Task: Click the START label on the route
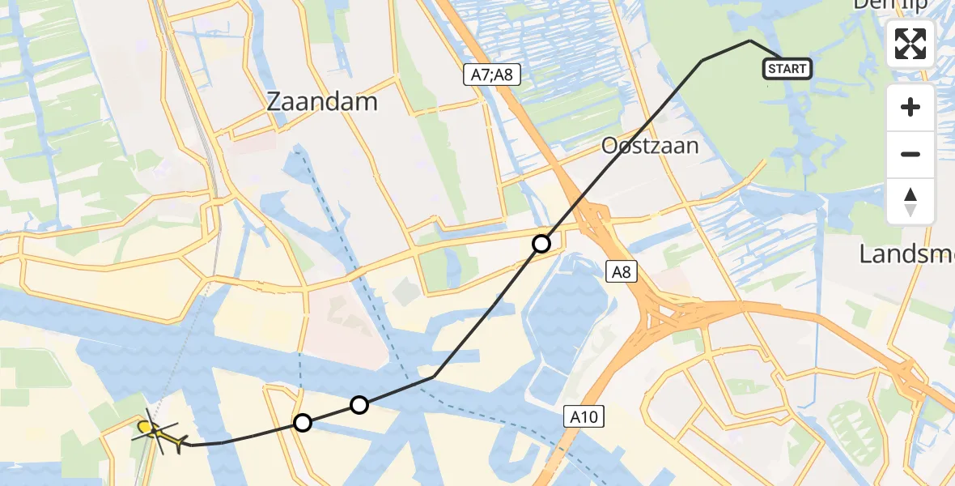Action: coord(787,69)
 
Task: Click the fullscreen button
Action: coord(910,44)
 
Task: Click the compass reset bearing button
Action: coord(910,202)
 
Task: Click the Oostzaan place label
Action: coord(650,146)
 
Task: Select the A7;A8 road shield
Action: coord(491,75)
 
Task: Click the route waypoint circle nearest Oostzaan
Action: coord(541,243)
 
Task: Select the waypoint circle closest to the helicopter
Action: coord(303,422)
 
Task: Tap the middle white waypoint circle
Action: coord(359,404)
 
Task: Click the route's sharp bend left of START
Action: coord(750,40)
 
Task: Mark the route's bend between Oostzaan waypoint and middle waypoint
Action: coord(434,377)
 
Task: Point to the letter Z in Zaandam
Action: coord(276,102)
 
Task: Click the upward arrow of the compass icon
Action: coord(910,194)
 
